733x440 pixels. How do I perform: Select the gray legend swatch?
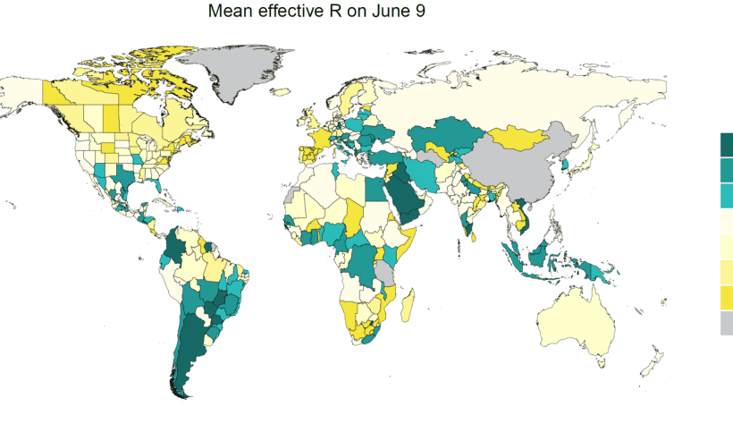click(x=726, y=323)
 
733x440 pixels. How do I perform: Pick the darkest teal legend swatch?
click(x=726, y=143)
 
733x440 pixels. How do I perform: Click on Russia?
click(x=518, y=94)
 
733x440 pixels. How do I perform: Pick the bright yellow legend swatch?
click(x=726, y=297)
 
